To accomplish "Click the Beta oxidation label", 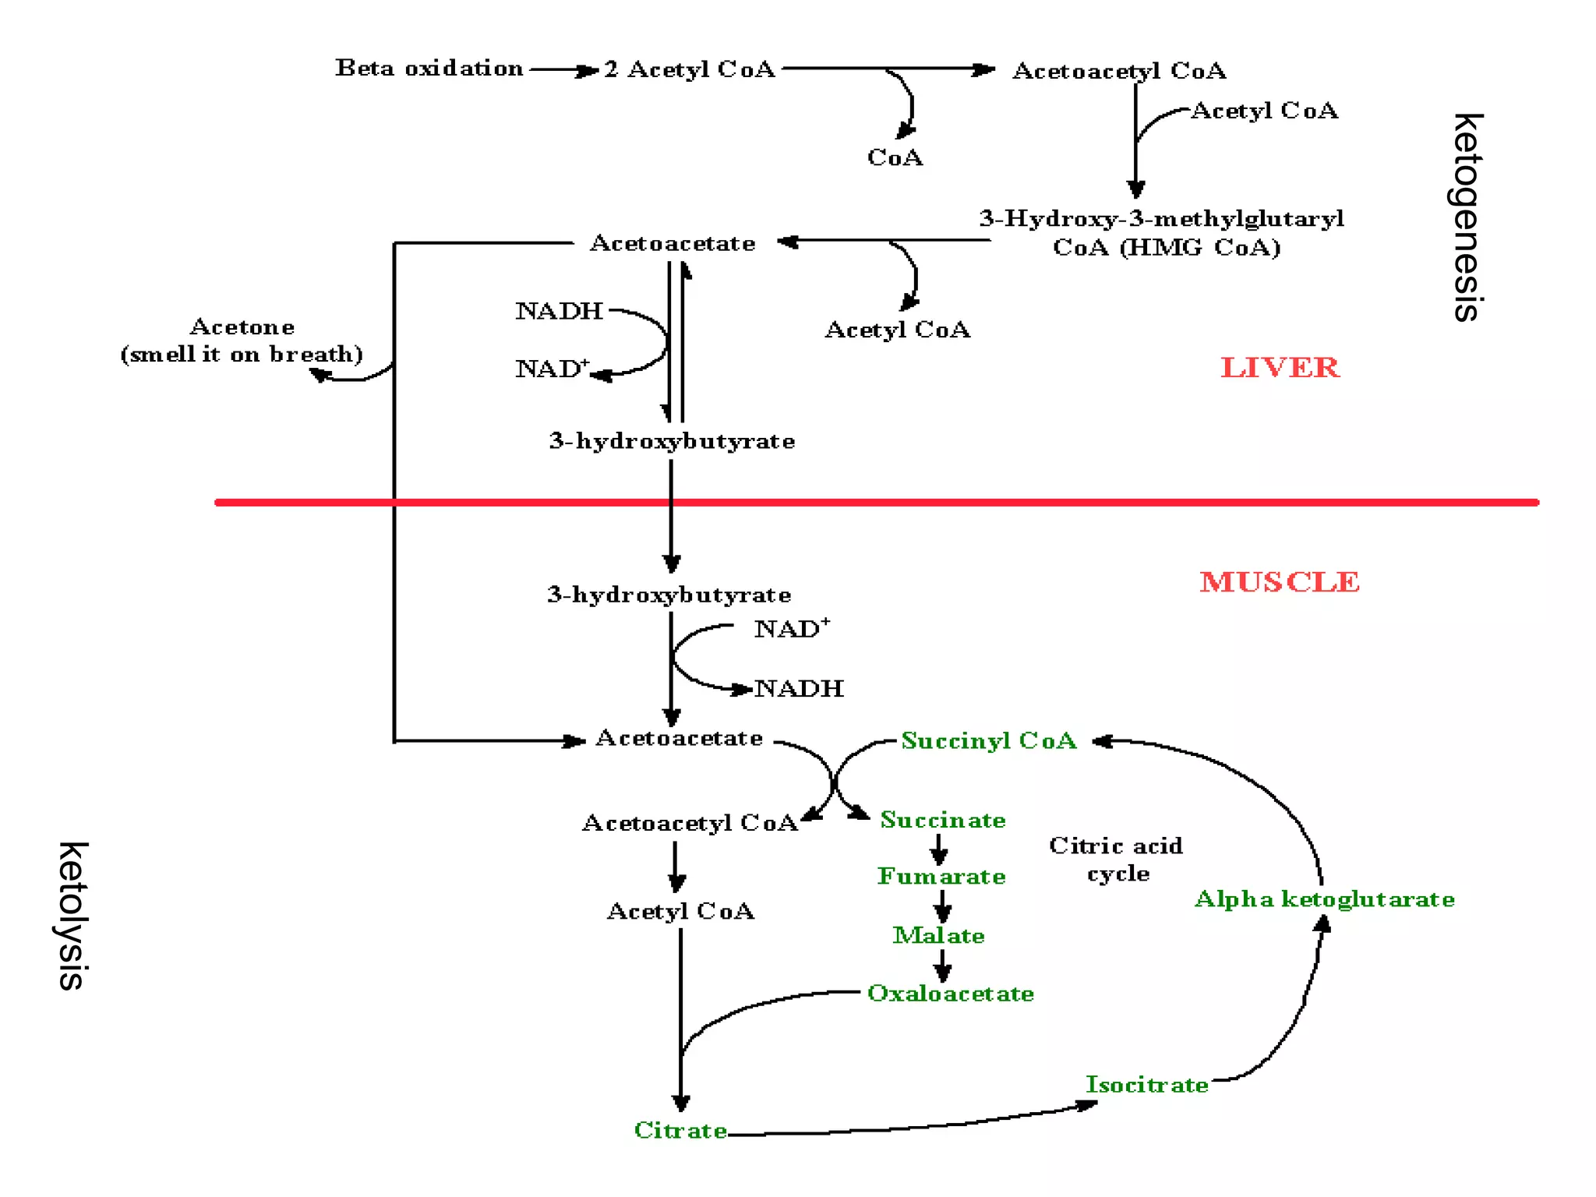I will coord(429,69).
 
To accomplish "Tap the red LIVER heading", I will coord(1280,368).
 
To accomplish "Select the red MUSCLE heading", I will coord(1280,582).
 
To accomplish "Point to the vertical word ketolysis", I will coord(72,916).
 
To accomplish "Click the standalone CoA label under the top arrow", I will coord(895,157).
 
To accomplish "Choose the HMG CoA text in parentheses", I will coord(1167,248).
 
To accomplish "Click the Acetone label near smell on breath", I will coord(242,327).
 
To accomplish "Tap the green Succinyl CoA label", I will coord(988,740).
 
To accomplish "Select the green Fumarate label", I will coord(941,877).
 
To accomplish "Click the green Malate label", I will coord(938,935).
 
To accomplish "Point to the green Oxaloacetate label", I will coord(950,994).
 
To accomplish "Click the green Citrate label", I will coord(680,1130).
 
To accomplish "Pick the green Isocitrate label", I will coord(1146,1085).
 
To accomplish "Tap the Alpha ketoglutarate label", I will coord(1324,899).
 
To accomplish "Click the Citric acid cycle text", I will coord(1116,859).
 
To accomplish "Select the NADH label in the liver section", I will coord(559,311).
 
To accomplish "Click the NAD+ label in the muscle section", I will coord(790,629).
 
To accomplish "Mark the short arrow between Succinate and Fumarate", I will coord(940,849).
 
